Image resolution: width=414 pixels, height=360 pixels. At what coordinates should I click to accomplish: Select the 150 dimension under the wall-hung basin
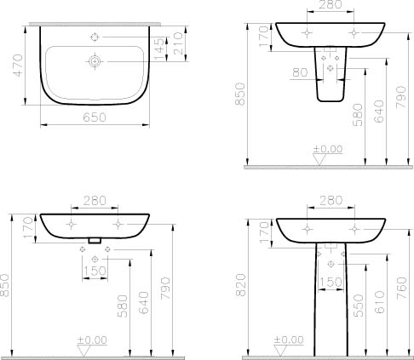click(x=97, y=271)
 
